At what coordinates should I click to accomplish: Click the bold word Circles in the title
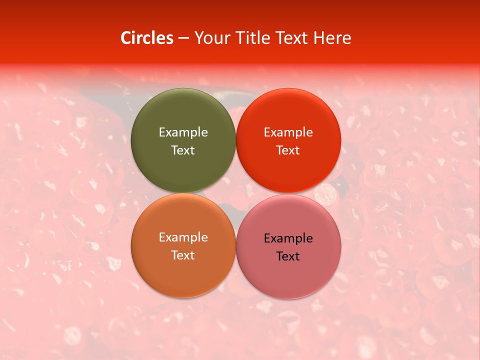pyautogui.click(x=147, y=38)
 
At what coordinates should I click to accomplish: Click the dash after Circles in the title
pyautogui.click(x=183, y=38)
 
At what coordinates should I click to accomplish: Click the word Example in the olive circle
pyautogui.click(x=183, y=132)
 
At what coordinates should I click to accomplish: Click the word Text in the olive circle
pyautogui.click(x=183, y=150)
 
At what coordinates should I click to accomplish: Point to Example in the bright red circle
pyautogui.click(x=288, y=132)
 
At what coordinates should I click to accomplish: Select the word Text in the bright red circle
pyautogui.click(x=288, y=150)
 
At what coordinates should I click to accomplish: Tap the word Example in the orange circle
pyautogui.click(x=183, y=237)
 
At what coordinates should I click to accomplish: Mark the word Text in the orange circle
pyautogui.click(x=183, y=255)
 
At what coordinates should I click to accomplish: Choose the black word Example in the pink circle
pyautogui.click(x=288, y=238)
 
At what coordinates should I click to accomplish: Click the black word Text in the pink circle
pyautogui.click(x=288, y=256)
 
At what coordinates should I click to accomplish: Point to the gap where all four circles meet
pyautogui.click(x=235, y=193)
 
